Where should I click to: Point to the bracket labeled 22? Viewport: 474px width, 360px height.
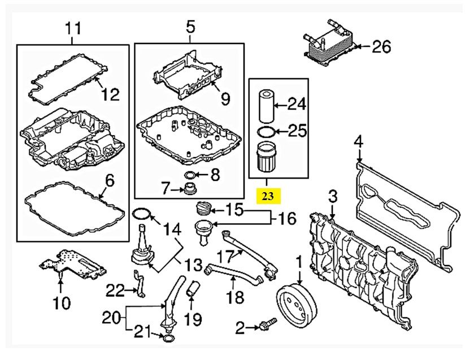pyautogui.click(x=138, y=282)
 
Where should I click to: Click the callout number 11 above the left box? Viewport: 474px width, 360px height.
pyautogui.click(x=73, y=27)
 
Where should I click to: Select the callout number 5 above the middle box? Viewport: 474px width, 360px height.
pyautogui.click(x=190, y=26)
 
